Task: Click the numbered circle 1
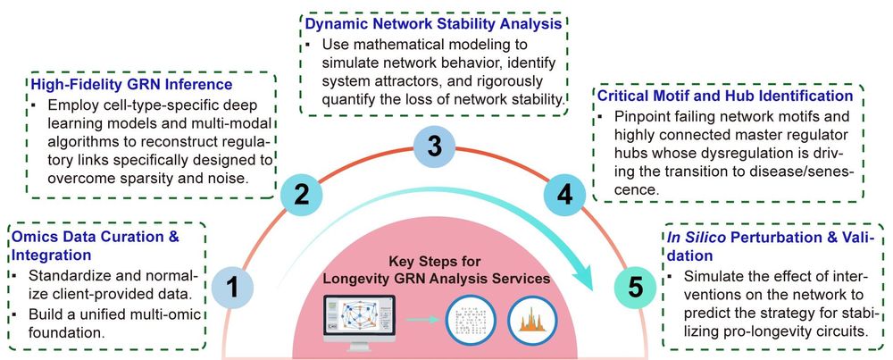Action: (x=231, y=288)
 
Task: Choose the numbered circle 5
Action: (x=635, y=288)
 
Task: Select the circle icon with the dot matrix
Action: (x=468, y=319)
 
